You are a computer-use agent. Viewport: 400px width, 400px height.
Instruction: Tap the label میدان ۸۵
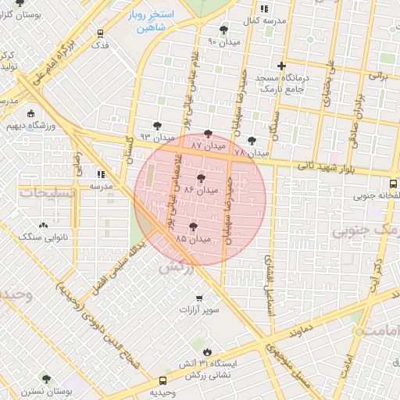(194, 237)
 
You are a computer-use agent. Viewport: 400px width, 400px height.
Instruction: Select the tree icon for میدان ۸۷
(207, 134)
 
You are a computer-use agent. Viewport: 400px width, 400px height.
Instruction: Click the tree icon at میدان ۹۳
(157, 125)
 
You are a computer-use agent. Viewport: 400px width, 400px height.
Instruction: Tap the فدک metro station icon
(100, 34)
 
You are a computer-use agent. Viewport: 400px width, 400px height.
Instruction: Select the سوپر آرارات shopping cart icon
(199, 298)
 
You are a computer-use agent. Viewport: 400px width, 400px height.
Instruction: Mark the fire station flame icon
(207, 352)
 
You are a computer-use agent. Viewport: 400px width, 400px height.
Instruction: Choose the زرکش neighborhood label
(176, 267)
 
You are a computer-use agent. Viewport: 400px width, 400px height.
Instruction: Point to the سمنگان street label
(275, 125)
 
